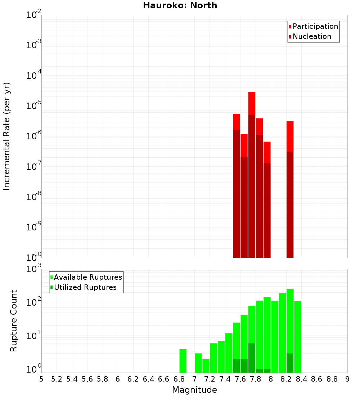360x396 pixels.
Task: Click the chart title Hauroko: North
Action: point(180,5)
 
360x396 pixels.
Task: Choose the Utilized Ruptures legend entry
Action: point(85,288)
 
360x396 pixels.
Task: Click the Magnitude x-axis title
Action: point(194,390)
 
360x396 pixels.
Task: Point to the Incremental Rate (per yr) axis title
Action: point(7,136)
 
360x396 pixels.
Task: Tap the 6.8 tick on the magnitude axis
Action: point(179,379)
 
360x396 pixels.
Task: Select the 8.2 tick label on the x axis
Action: point(286,379)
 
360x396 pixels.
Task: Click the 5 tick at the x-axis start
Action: point(41,379)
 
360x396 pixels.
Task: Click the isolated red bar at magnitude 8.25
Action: point(290,137)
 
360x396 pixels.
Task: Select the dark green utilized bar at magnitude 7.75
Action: point(252,358)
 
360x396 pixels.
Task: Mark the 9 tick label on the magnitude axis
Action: point(347,379)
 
